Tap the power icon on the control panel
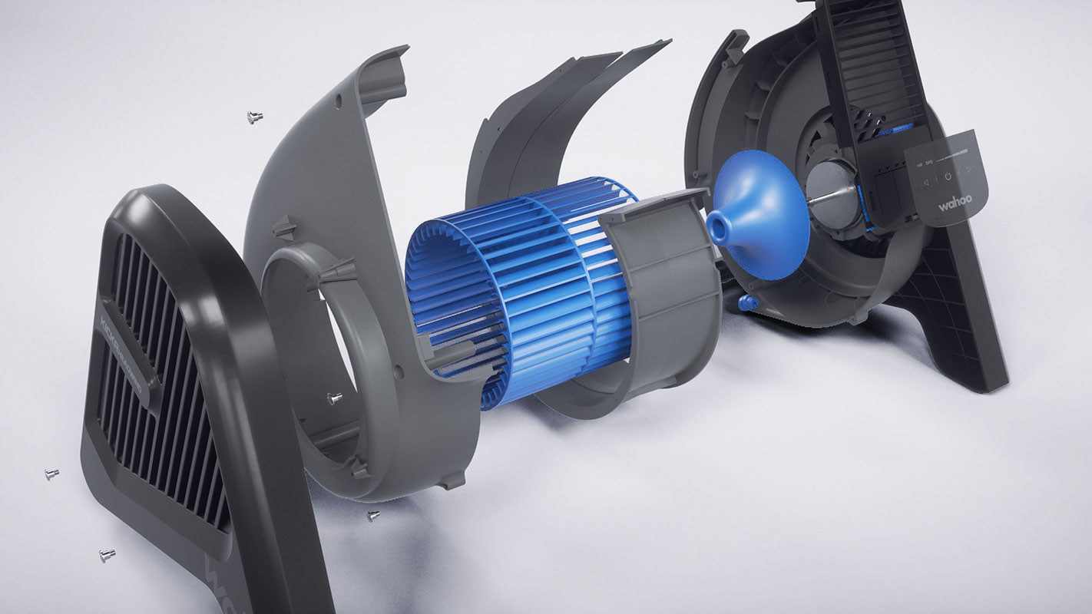[x=948, y=177]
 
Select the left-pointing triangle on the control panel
[x=927, y=181]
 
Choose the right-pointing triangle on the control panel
[x=969, y=170]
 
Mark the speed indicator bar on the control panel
[x=956, y=153]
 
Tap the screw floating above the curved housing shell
[x=254, y=117]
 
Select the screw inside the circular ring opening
[x=335, y=398]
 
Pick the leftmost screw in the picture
[x=51, y=474]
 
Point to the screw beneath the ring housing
[x=373, y=515]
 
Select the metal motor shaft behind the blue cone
[x=826, y=198]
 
